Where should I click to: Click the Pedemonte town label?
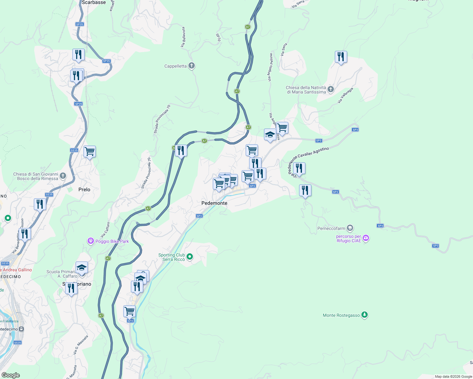(214, 203)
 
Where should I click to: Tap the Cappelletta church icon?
(192, 66)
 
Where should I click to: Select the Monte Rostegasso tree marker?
(365, 315)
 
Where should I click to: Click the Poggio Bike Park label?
(112, 241)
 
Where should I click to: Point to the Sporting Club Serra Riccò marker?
(190, 257)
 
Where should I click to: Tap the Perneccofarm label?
(331, 228)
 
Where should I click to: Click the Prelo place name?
(84, 189)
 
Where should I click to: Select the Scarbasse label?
(94, 3)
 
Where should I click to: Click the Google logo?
(11, 375)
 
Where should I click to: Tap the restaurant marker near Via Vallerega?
(341, 57)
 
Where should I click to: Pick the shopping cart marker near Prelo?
(89, 152)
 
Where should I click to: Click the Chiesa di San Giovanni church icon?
(63, 176)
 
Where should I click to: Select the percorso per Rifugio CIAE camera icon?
(366, 238)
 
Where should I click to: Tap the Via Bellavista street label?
(183, 37)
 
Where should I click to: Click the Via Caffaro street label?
(105, 230)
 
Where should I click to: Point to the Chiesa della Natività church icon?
(331, 89)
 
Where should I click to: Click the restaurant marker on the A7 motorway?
(181, 151)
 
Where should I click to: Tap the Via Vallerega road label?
(345, 95)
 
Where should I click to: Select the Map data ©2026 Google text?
(453, 376)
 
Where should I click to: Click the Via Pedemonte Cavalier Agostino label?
(308, 159)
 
